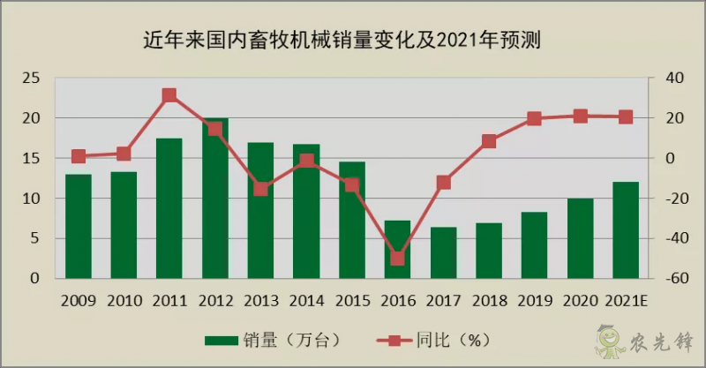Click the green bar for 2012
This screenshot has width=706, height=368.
point(214,199)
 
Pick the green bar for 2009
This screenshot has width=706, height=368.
point(78,226)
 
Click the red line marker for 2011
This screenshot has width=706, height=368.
point(169,95)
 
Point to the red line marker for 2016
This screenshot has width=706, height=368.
point(397,259)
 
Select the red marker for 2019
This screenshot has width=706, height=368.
point(534,118)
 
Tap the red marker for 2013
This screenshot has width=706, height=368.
point(260,188)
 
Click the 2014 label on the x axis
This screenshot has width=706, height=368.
point(306,300)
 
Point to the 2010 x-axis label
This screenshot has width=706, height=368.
point(124,300)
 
